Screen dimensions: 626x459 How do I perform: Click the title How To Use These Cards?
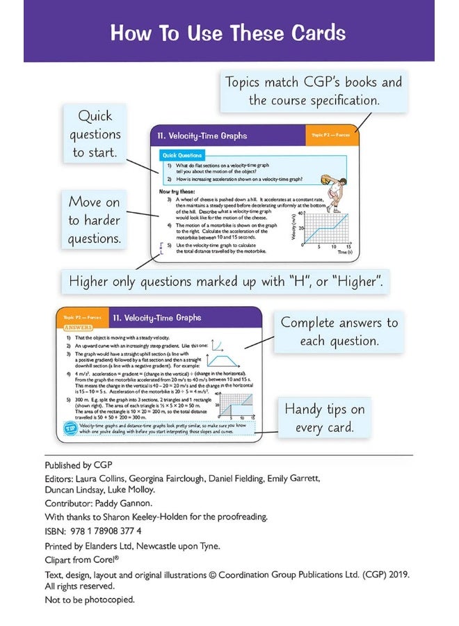(x=228, y=33)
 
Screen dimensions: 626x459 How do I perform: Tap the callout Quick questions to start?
(x=95, y=134)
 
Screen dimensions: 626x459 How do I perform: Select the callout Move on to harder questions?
(x=95, y=220)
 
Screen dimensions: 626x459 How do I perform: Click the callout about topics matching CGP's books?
(x=314, y=91)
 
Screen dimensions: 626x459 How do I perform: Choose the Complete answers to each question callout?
(x=339, y=332)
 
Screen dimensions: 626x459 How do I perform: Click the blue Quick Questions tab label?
(x=182, y=155)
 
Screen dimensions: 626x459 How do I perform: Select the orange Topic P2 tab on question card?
(x=330, y=136)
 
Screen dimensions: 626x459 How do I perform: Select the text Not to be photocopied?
(x=90, y=600)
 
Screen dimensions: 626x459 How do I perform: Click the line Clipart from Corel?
(x=82, y=559)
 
